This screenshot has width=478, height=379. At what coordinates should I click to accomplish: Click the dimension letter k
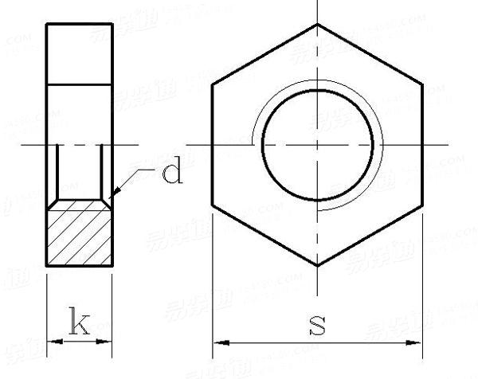click(x=79, y=323)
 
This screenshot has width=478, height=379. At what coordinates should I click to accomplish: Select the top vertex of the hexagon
click(x=318, y=24)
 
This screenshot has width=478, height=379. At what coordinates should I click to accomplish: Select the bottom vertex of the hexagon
click(x=318, y=265)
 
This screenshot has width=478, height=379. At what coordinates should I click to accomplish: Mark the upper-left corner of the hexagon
click(x=213, y=84)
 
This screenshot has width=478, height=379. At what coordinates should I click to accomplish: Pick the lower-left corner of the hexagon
click(x=213, y=205)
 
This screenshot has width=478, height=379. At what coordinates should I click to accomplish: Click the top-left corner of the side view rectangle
click(x=47, y=24)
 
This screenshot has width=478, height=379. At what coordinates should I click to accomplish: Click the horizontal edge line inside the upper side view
click(x=79, y=84)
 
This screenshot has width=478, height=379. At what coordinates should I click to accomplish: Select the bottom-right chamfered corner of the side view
click(x=111, y=264)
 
